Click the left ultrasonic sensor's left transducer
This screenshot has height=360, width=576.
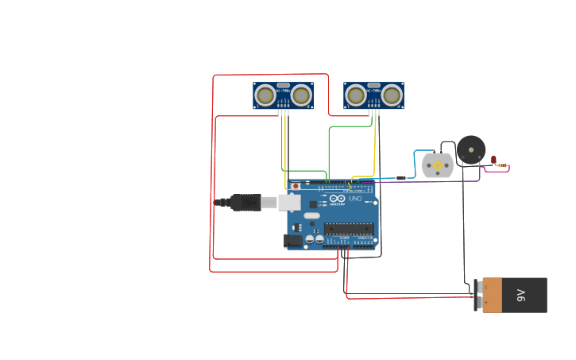(x=265, y=96)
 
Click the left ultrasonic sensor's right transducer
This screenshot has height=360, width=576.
(x=300, y=96)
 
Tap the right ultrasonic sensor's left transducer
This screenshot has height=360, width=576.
(x=356, y=96)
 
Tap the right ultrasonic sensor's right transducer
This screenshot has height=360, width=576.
(x=391, y=96)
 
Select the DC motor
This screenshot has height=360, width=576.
(x=438, y=165)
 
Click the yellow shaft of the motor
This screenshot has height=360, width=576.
(x=438, y=165)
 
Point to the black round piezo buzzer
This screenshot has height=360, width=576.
(x=471, y=149)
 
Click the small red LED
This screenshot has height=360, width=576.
(x=493, y=160)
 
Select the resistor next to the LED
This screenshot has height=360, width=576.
(x=503, y=165)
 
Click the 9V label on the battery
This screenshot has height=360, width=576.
(x=522, y=296)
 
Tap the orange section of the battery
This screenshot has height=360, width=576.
(x=492, y=296)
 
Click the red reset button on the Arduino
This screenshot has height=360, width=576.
(x=296, y=187)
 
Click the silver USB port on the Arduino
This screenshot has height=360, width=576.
(x=290, y=203)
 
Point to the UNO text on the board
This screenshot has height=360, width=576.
(x=355, y=198)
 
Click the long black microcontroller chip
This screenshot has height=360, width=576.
(x=349, y=228)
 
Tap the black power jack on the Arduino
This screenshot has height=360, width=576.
(x=293, y=240)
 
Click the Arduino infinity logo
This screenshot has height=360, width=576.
(x=338, y=198)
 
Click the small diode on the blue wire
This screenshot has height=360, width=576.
(x=401, y=178)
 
